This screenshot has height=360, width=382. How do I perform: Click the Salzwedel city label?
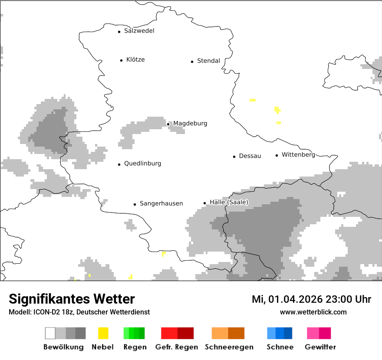[x=139, y=31]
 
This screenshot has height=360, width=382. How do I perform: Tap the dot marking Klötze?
[x=121, y=60]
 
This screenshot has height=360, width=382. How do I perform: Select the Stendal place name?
[x=208, y=61]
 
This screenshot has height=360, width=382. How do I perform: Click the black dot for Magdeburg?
[x=168, y=124]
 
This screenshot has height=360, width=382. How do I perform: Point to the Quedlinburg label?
[x=142, y=164]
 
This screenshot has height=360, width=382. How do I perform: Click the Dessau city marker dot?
[x=234, y=157]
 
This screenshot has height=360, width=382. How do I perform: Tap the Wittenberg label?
[x=298, y=155]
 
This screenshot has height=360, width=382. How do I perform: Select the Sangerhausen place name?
[x=161, y=203]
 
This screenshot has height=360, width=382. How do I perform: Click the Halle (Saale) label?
[x=229, y=202]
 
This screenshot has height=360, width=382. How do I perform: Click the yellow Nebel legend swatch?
[x=103, y=333]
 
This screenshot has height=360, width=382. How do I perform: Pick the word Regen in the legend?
[x=134, y=347]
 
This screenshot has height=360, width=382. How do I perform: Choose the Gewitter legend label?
[x=320, y=347]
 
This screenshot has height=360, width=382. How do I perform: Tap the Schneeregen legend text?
[x=229, y=347]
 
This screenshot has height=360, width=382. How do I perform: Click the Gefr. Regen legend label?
[x=177, y=347]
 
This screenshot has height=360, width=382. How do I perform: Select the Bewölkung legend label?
[x=63, y=347]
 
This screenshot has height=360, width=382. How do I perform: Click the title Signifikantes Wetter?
[x=72, y=299]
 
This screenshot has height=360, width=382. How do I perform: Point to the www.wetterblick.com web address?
[x=313, y=312]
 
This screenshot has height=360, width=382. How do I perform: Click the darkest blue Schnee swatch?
[x=288, y=333]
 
